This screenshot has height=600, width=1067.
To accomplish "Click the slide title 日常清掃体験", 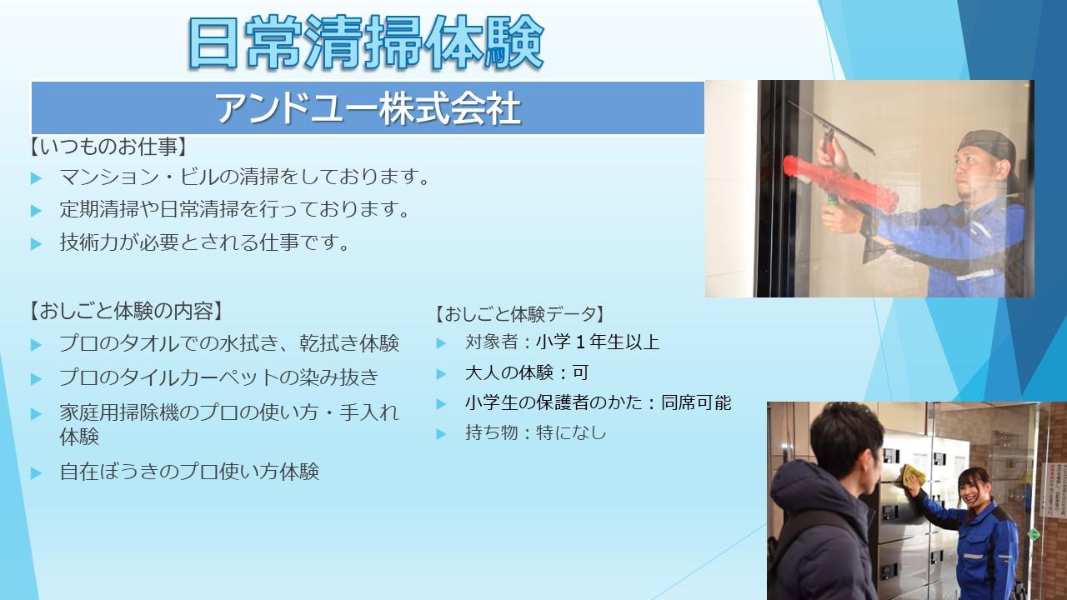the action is [366, 42].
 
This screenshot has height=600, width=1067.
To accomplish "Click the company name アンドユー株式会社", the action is [368, 108].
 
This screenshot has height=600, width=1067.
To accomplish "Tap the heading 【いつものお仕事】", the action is [108, 147].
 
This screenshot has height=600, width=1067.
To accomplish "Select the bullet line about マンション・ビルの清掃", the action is [244, 177].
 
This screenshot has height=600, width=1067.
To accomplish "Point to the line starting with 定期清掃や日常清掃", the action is [234, 209].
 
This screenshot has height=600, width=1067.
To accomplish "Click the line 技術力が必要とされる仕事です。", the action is [204, 242].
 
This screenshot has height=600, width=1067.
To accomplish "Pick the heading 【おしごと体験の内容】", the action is [126, 312].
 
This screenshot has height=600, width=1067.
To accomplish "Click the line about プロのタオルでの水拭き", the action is [229, 343].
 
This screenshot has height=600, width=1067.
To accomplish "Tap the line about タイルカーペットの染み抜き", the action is [218, 377].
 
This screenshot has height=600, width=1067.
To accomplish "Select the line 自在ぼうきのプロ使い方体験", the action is [189, 472].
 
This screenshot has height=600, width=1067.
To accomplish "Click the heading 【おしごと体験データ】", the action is [520, 314].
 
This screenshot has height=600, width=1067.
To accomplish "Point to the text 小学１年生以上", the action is [598, 342].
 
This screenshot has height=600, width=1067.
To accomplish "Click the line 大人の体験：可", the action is [527, 372].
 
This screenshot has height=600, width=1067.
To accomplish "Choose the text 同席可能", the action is [696, 402].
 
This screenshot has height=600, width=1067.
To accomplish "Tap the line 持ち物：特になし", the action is [535, 432].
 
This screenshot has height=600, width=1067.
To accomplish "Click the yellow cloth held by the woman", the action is [913, 476].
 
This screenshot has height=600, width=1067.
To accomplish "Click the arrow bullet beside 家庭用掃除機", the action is [36, 413].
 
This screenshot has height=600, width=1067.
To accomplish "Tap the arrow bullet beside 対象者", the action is [441, 342].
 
